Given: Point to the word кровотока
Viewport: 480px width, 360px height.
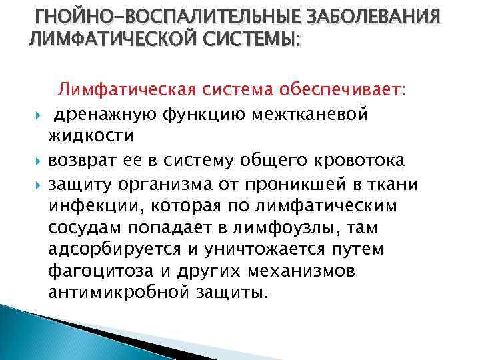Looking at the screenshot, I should point(361,159).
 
